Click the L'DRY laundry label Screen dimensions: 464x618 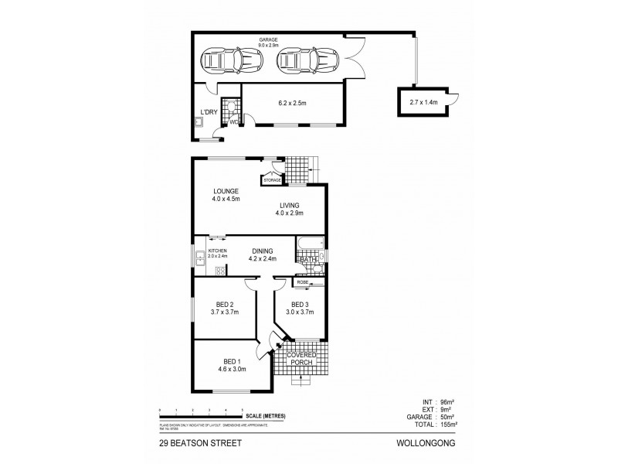pos(209,113)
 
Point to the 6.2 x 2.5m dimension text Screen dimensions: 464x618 pos(292,101)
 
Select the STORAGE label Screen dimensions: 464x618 pos(272,180)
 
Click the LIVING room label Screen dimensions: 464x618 pos(290,205)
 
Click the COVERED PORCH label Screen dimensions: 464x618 pos(304,358)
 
